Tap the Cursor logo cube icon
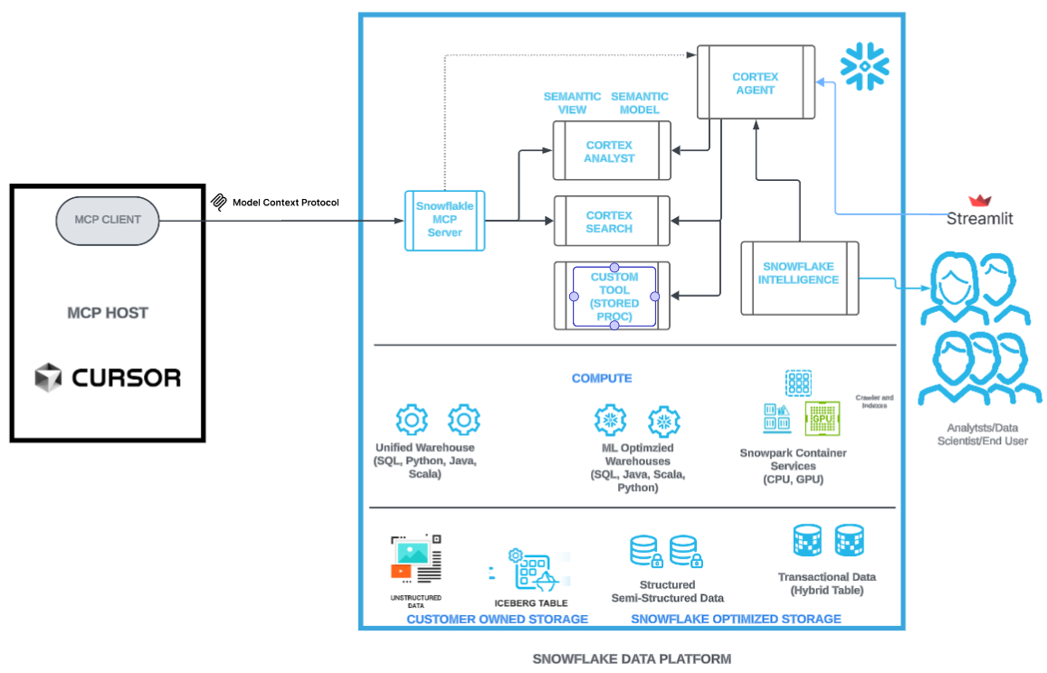click(x=47, y=377)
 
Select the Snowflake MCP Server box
click(x=444, y=220)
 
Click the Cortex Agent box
click(x=755, y=83)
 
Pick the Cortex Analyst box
click(x=611, y=151)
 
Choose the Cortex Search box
click(x=611, y=222)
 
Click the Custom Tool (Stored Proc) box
click(x=614, y=296)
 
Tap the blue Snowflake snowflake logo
click(x=864, y=64)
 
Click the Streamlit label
click(x=979, y=218)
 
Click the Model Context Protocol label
click(x=285, y=203)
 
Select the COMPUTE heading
click(x=602, y=378)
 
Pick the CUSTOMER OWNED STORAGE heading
click(x=497, y=620)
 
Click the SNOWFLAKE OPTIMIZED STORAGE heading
click(x=736, y=620)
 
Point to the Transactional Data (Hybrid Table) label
click(x=826, y=583)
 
